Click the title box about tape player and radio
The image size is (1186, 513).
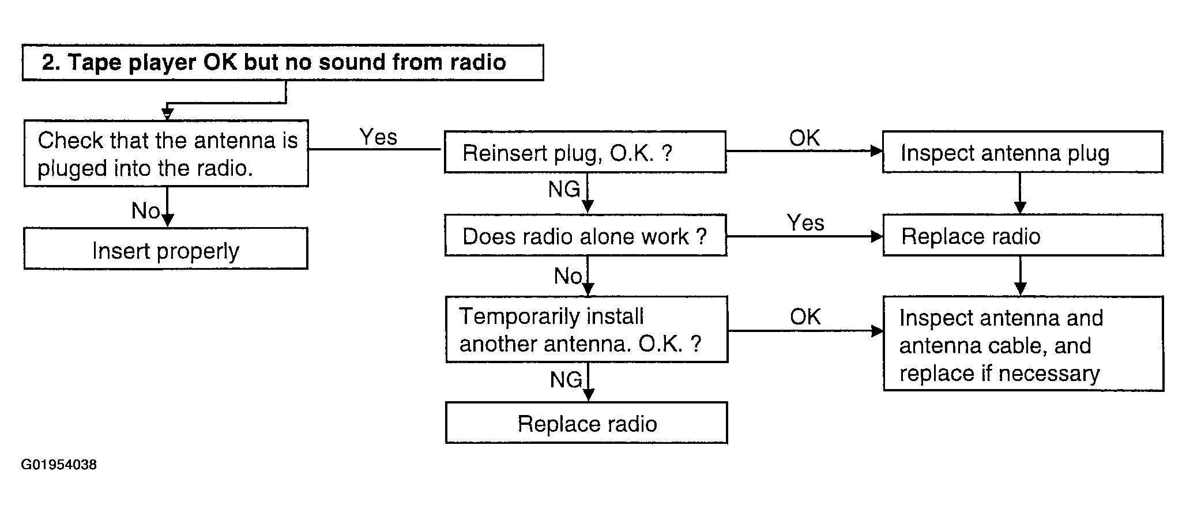pyautogui.click(x=283, y=62)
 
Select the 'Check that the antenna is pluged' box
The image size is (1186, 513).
pyautogui.click(x=166, y=153)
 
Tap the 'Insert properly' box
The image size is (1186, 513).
pyautogui.click(x=165, y=248)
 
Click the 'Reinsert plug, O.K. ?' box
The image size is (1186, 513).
pyautogui.click(x=585, y=152)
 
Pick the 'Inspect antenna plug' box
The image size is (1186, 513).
pyautogui.click(x=1023, y=152)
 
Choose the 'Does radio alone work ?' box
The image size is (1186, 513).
pyautogui.click(x=585, y=235)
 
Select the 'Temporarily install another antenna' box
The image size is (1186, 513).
pyautogui.click(x=587, y=330)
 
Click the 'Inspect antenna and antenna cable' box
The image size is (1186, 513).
pyautogui.click(x=1023, y=344)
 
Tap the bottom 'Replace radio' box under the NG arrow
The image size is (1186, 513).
pyautogui.click(x=586, y=423)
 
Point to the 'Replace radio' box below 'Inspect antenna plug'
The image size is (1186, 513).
pyautogui.click(x=1023, y=235)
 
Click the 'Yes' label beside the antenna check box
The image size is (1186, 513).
pyautogui.click(x=378, y=137)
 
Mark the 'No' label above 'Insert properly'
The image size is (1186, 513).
pyautogui.click(x=145, y=211)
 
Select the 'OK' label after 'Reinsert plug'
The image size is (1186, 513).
pyautogui.click(x=804, y=138)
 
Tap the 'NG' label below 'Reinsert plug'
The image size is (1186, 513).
pyautogui.click(x=564, y=189)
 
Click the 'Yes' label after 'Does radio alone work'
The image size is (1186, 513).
pyautogui.click(x=805, y=222)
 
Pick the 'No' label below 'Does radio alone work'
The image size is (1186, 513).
pyautogui.click(x=568, y=276)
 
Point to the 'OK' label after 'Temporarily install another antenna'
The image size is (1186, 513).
pyautogui.click(x=805, y=316)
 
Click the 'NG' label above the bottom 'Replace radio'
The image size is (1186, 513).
pyautogui.click(x=566, y=379)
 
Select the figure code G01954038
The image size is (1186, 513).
pyautogui.click(x=59, y=465)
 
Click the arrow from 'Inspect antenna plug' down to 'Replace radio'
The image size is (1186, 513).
pyautogui.click(x=1020, y=194)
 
